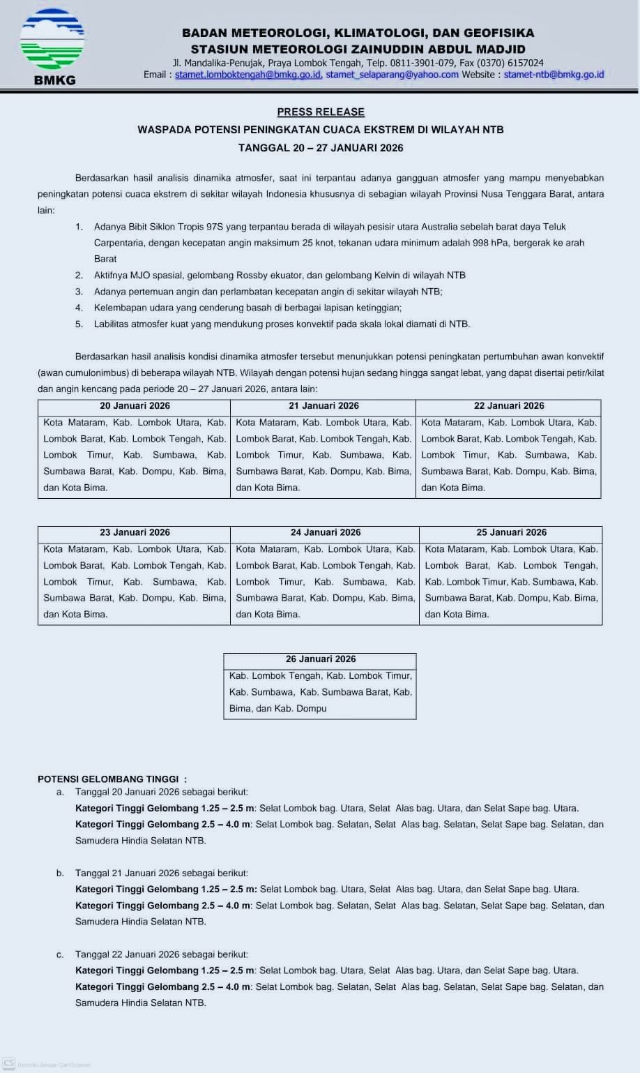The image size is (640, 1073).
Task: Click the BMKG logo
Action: [x=52, y=46]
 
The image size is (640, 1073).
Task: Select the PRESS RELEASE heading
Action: [x=321, y=112]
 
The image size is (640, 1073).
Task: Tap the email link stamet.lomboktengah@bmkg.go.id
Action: [x=247, y=75]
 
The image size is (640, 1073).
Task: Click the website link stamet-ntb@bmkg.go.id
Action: [x=554, y=75]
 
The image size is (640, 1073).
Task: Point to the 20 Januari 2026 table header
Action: [x=135, y=406]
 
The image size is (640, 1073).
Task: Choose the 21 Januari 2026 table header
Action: [x=323, y=406]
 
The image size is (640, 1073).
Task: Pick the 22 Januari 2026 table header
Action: [x=509, y=406]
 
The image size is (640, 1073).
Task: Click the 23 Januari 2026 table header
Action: [x=135, y=532]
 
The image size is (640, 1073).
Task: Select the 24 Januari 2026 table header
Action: [x=326, y=532]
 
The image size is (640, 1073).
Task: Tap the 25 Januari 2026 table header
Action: [x=511, y=532]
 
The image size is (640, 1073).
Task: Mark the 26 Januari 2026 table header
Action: [x=321, y=659]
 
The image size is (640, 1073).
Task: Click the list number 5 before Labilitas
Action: [x=79, y=324]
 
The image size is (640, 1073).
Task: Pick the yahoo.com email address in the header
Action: [x=392, y=75]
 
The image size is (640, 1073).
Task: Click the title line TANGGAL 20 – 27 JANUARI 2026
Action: [x=321, y=148]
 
